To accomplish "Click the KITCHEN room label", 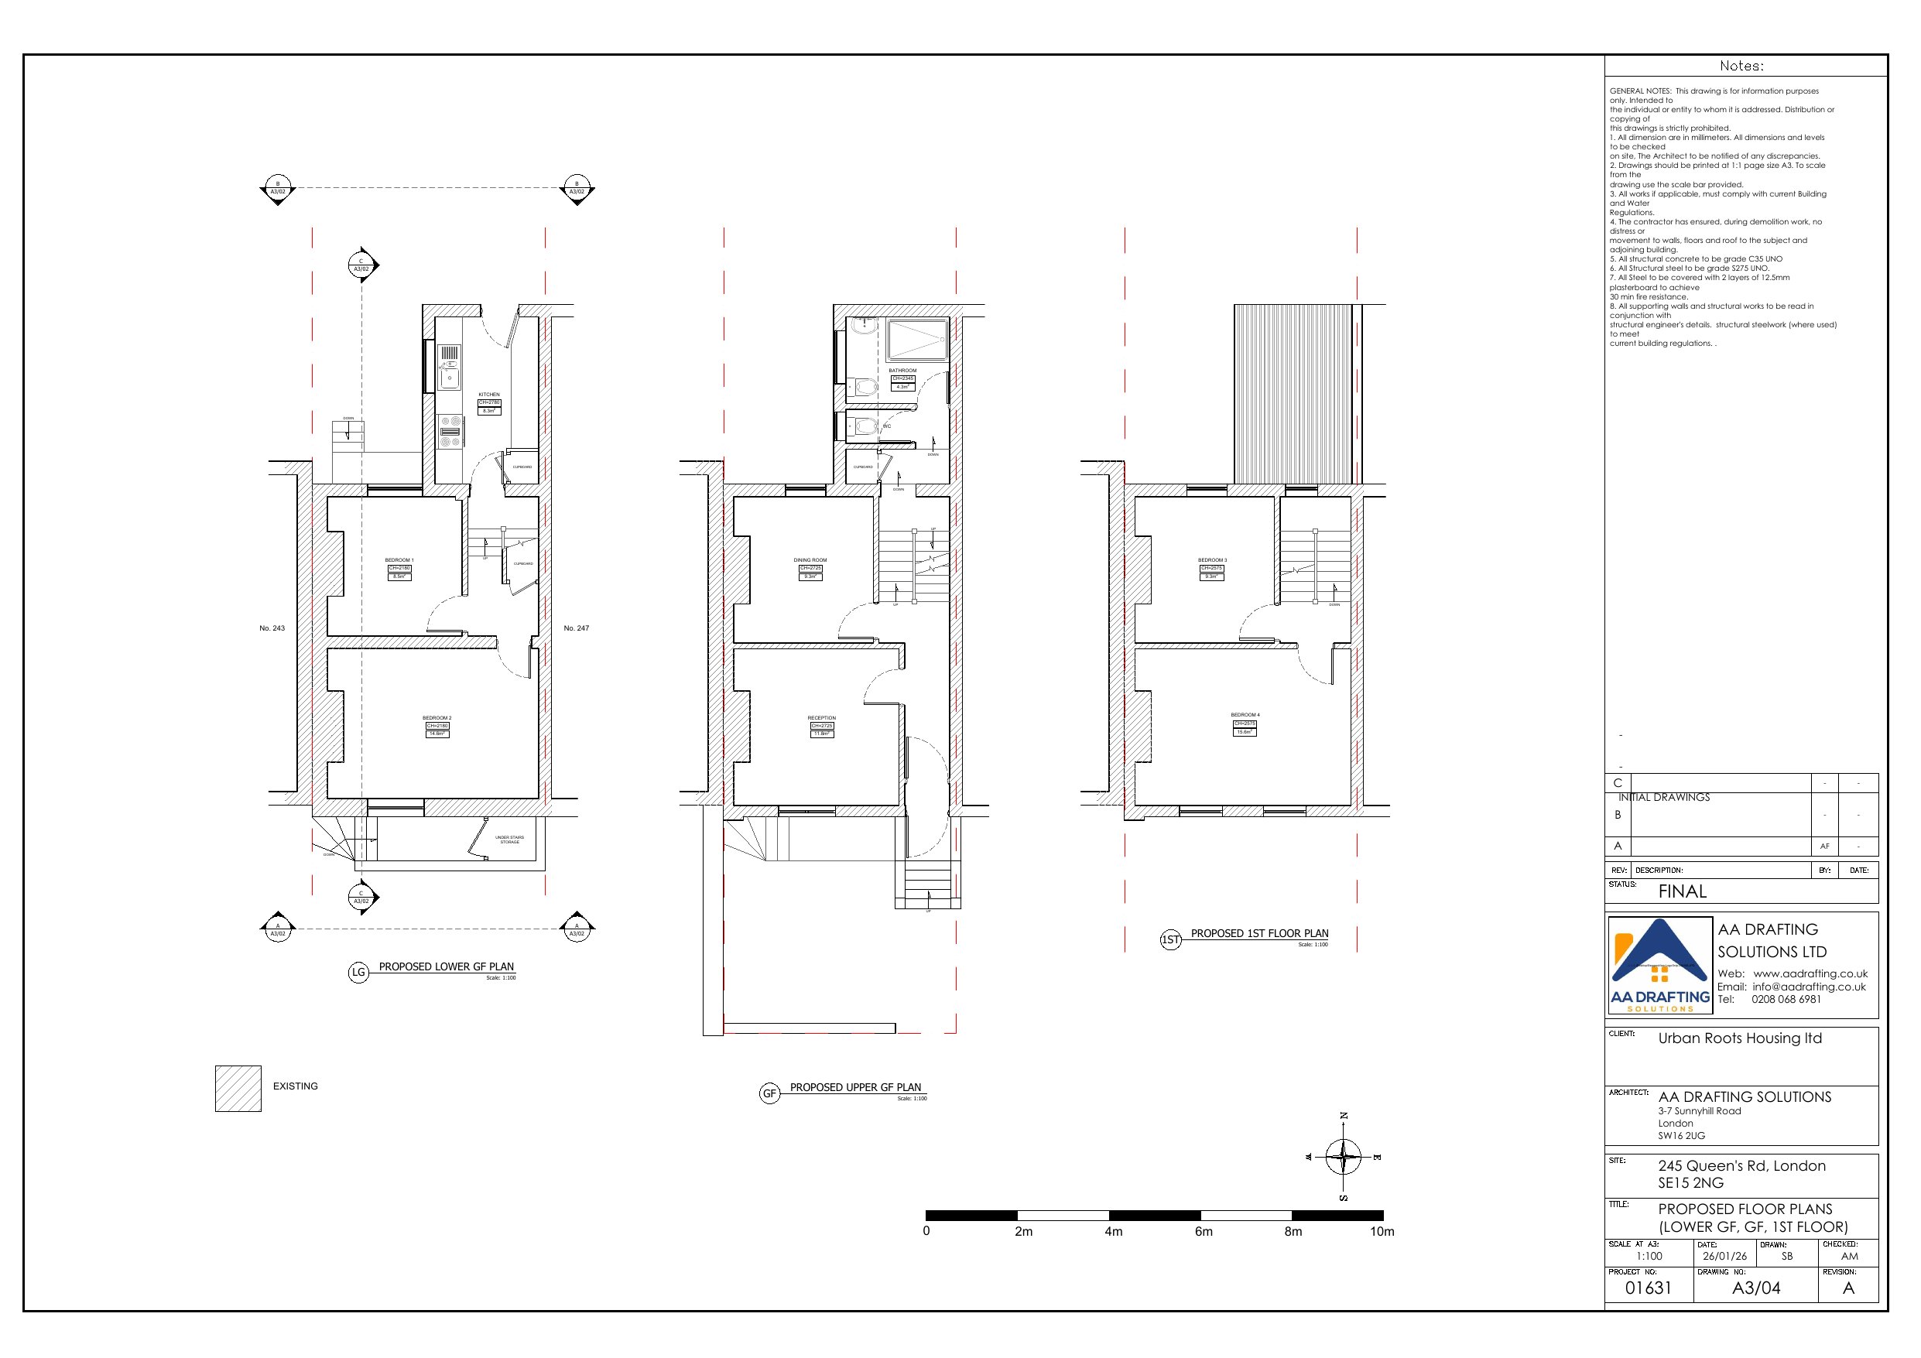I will pyautogui.click(x=488, y=394).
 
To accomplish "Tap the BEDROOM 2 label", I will pyautogui.click(x=437, y=718).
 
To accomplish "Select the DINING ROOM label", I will pyautogui.click(x=810, y=560).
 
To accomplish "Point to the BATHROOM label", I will pyautogui.click(x=902, y=371).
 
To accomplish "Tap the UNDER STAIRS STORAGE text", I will pyautogui.click(x=509, y=840).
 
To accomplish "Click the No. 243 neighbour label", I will pyautogui.click(x=272, y=628).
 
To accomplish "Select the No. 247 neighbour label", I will pyautogui.click(x=576, y=628).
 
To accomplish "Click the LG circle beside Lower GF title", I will pyautogui.click(x=358, y=973).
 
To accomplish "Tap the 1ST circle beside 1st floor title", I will pyautogui.click(x=1170, y=939).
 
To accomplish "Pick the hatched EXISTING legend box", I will pyautogui.click(x=238, y=1088).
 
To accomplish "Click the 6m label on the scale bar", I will pyautogui.click(x=1203, y=1232).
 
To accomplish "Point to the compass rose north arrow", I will pyautogui.click(x=1343, y=1157).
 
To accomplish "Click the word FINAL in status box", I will pyautogui.click(x=1682, y=892).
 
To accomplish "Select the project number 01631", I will pyautogui.click(x=1648, y=1288).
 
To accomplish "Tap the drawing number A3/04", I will pyautogui.click(x=1755, y=1288).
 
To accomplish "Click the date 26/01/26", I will pyautogui.click(x=1725, y=1257).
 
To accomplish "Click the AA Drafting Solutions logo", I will pyautogui.click(x=1660, y=966).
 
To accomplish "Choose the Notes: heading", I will pyautogui.click(x=1741, y=66).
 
